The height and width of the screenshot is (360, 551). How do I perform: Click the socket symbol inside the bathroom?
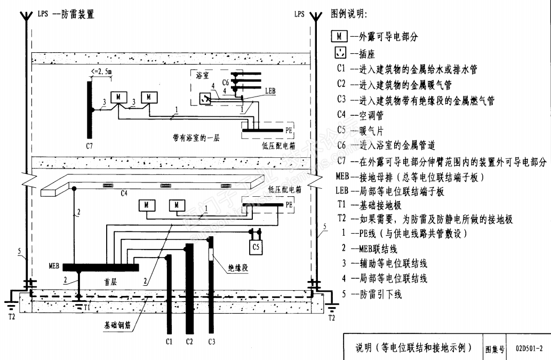click(x=204, y=98)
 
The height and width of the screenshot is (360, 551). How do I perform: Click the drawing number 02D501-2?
click(x=529, y=349)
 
